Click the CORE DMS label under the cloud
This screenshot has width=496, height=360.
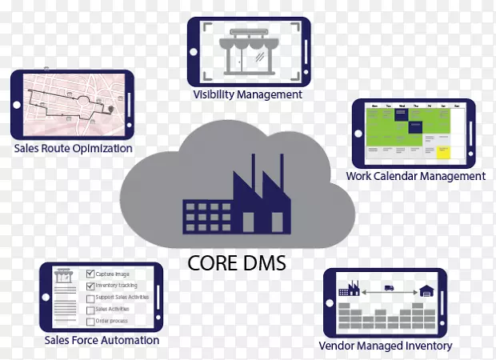pos(238,262)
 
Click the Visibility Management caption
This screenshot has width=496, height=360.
pos(248,94)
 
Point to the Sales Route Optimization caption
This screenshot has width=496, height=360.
pos(74,148)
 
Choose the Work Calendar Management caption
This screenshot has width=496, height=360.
pos(415,176)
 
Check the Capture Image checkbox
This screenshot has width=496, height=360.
pos(90,274)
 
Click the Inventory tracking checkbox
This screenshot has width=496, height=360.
pos(90,286)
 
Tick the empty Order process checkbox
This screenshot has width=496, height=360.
pos(90,321)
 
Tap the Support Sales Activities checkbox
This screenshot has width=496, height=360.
pos(90,298)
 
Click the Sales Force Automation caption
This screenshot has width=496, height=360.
pos(102,340)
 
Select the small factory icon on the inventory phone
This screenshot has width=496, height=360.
pos(348,287)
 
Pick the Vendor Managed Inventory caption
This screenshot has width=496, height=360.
pos(385,346)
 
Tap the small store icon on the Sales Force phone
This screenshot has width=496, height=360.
pos(62,276)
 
